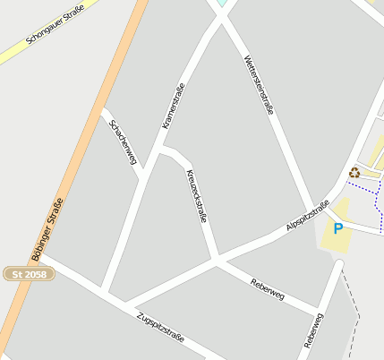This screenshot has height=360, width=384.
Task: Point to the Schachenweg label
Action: (x=123, y=141)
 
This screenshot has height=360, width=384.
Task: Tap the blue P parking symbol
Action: (x=337, y=228)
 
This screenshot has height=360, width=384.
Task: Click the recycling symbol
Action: (x=354, y=173)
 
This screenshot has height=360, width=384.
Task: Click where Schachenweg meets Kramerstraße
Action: (x=143, y=174)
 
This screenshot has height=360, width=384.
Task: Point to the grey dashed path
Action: (x=353, y=304)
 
